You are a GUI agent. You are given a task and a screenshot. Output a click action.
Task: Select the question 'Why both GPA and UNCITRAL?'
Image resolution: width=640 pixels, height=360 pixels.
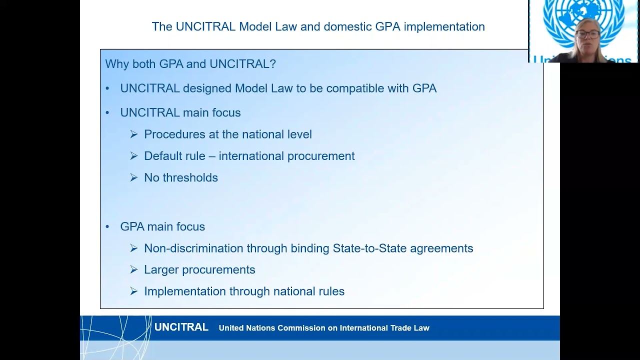click(190, 64)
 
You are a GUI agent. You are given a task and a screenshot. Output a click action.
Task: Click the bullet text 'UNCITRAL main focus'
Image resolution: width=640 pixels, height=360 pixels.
click(180, 113)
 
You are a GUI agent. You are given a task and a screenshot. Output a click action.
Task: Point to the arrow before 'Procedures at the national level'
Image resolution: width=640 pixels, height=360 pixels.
click(133, 134)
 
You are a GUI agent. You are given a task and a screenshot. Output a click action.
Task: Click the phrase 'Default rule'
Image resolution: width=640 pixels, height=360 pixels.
click(174, 156)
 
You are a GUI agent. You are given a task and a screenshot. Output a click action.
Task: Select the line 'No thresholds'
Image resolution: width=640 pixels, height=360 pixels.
click(181, 178)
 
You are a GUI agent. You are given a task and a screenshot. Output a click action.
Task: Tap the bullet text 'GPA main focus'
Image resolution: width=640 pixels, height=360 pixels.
click(162, 227)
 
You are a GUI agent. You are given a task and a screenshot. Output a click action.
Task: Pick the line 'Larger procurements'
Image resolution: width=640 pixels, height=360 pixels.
click(199, 270)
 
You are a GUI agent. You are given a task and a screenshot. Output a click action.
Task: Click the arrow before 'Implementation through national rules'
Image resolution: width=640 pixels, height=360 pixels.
click(133, 291)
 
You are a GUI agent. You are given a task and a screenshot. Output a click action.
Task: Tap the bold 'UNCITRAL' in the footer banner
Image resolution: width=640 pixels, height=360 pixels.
click(181, 327)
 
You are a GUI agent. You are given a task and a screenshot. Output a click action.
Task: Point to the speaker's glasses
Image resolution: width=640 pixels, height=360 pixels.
click(587, 34)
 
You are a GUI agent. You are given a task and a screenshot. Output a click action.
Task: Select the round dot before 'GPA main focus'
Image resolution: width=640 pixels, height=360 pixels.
click(107, 227)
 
